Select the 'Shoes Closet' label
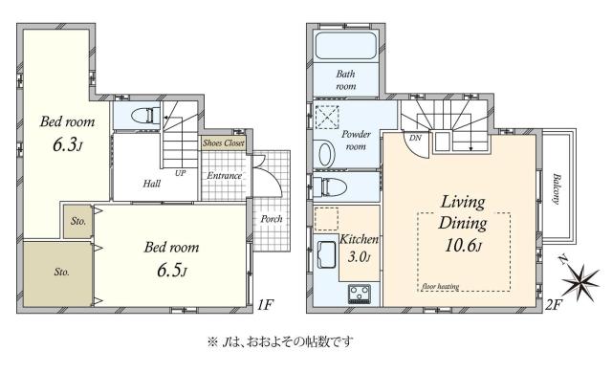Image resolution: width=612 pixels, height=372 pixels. tap(223, 143)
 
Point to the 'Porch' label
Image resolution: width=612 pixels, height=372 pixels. tap(271, 219)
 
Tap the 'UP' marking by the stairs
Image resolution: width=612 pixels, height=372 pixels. tap(180, 173)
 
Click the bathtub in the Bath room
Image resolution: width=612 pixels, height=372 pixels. tap(345, 46)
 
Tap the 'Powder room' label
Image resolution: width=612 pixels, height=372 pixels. tap(356, 141)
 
